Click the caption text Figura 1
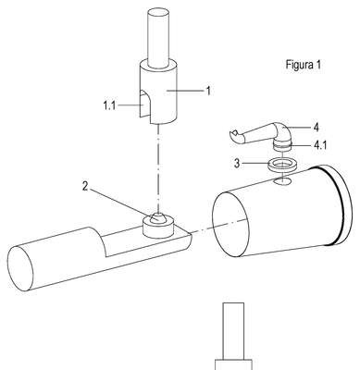coord(304,65)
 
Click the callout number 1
coord(208,91)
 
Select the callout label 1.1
coord(109,105)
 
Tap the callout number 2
coord(85,187)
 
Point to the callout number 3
coord(237,164)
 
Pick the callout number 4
coord(316,127)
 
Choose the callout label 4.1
coord(319,145)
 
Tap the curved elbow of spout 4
coord(282,131)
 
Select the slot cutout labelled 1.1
coord(144,104)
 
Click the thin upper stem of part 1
coord(158,38)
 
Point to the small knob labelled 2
coord(158,217)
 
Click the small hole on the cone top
coord(282,182)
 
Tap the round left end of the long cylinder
coord(20,268)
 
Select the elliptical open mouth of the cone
coord(230,224)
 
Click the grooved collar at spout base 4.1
coord(282,144)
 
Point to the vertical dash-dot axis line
coord(158,168)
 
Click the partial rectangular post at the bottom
coord(233,336)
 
